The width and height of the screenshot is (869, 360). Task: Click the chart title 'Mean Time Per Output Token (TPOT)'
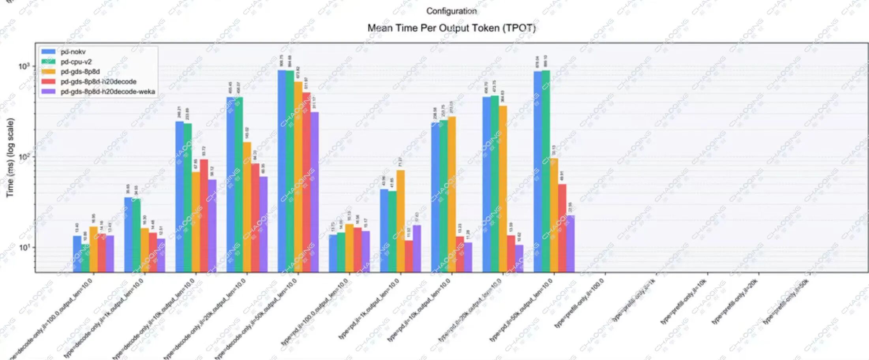[x=451, y=28]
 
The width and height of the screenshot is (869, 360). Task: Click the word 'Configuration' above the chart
[x=451, y=11]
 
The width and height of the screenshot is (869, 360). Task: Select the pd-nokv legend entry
[x=73, y=52]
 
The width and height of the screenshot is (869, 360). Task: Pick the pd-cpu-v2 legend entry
[x=76, y=62]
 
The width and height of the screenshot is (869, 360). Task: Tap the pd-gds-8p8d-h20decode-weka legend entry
[x=107, y=92]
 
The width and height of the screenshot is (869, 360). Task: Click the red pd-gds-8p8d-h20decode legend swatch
[x=48, y=82]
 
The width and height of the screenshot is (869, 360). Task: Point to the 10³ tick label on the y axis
[x=24, y=66]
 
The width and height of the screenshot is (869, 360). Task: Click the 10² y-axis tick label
[x=24, y=157]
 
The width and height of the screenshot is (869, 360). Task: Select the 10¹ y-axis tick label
[x=24, y=247]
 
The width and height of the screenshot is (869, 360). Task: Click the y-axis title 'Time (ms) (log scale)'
[x=10, y=158]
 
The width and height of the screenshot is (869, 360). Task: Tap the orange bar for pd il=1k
[x=401, y=221]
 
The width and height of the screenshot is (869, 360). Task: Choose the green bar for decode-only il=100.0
[x=85, y=258]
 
